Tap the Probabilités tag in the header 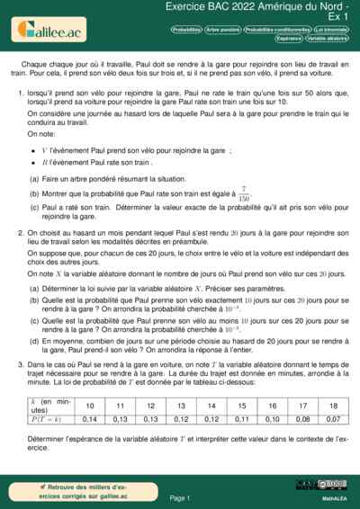[186, 30]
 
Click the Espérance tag [290, 39]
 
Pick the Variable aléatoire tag [328, 39]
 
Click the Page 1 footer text [180, 496]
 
